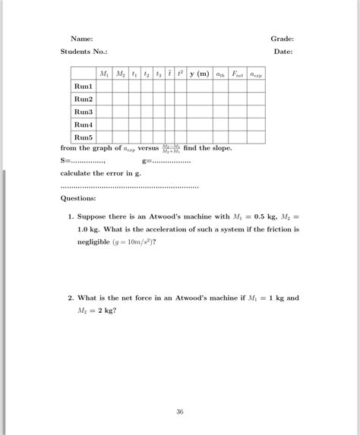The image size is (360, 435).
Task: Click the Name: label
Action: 82,39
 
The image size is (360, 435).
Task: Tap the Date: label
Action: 283,52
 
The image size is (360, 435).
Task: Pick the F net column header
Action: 237,74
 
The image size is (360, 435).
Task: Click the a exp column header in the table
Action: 255,74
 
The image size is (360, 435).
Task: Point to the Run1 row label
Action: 83,87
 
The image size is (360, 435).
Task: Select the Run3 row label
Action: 83,112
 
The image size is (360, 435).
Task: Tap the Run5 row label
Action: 83,137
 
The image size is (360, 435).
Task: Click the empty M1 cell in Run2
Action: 104,99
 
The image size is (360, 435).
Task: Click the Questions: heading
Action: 78,198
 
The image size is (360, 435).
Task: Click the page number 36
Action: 180,411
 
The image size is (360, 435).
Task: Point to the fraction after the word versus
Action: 171,148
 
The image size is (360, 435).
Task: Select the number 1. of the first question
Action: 71,216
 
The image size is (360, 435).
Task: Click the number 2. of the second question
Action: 71,298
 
